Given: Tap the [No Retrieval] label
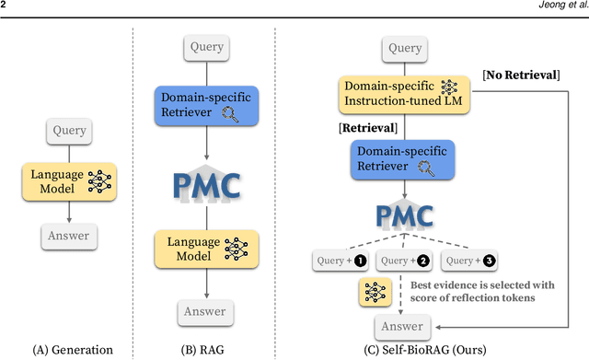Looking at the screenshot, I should tap(524, 73).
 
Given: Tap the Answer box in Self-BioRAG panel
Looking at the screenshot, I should tap(403, 325).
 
